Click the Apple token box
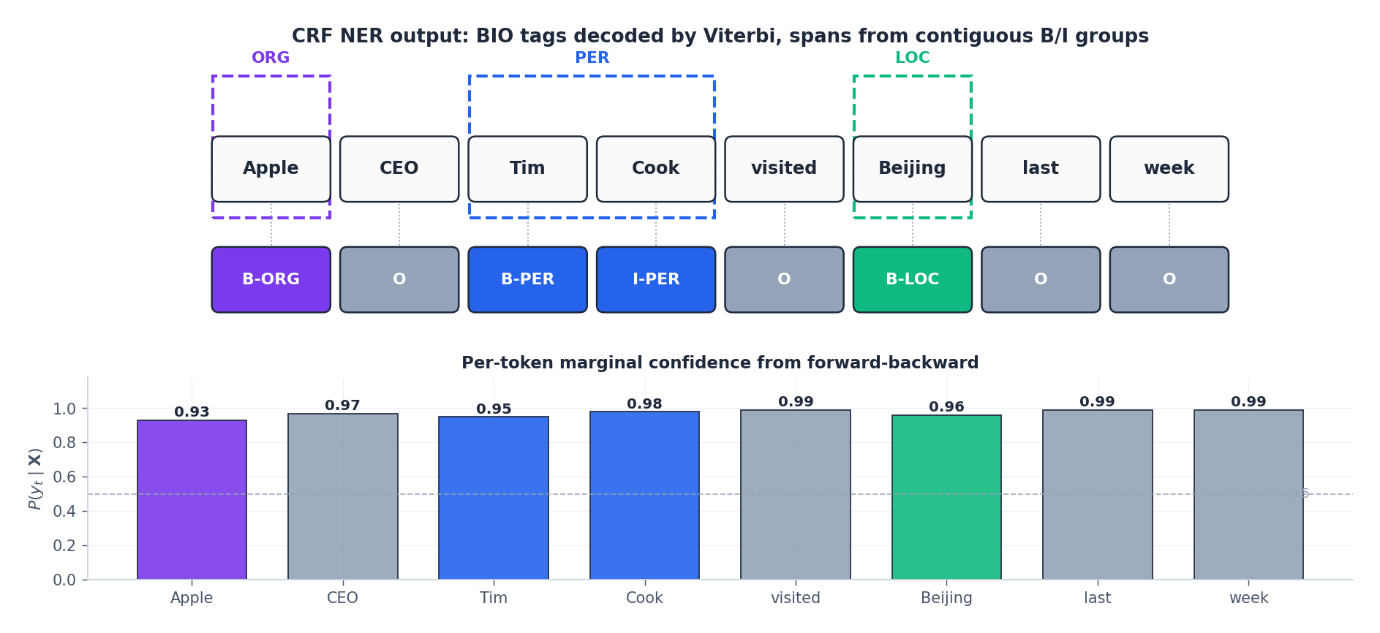[271, 169]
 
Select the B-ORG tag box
[271, 279]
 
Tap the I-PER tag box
[656, 279]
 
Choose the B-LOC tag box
[913, 279]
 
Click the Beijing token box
[913, 169]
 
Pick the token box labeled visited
[784, 169]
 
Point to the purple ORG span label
[271, 58]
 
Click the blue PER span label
[592, 58]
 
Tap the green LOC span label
[913, 58]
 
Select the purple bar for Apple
[192, 500]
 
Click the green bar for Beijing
[946, 497]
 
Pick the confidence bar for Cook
[644, 496]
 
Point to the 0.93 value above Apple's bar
[192, 412]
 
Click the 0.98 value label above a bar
[644, 404]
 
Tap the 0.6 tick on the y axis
[64, 477]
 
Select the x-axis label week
[1248, 598]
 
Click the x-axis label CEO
[342, 598]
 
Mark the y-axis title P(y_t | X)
[35, 479]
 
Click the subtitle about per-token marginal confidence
[720, 363]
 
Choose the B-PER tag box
[527, 279]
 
